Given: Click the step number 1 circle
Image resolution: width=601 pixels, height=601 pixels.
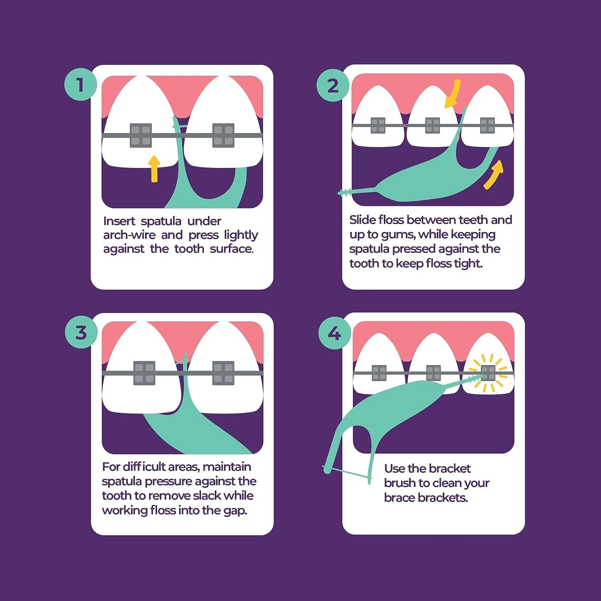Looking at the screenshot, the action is tap(81, 85).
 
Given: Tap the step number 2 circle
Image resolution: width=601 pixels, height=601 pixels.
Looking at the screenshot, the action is tap(333, 85).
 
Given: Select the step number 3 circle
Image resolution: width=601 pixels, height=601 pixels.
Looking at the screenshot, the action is tap(81, 333).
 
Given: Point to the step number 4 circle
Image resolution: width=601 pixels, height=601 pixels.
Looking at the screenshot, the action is tap(335, 333).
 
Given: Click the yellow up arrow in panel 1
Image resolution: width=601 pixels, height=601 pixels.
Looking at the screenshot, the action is tap(154, 169).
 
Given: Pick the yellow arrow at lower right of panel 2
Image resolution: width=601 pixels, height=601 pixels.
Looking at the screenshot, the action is tap(494, 175).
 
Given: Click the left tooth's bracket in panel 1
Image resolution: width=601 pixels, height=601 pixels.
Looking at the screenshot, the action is tap(141, 135).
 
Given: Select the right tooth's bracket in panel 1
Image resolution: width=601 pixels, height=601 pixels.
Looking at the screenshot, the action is tap(223, 135).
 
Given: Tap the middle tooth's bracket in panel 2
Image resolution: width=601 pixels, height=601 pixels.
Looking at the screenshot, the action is tap(432, 125).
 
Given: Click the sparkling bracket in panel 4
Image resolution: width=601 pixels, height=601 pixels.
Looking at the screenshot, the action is tap(488, 373).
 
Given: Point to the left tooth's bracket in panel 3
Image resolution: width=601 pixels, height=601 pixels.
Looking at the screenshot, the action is tap(144, 373).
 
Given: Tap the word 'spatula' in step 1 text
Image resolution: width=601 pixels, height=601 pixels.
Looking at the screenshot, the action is tap(161, 222).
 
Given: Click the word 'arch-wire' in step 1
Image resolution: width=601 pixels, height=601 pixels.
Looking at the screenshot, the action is tap(129, 235).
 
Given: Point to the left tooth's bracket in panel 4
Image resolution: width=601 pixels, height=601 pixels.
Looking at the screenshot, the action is tap(379, 373).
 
